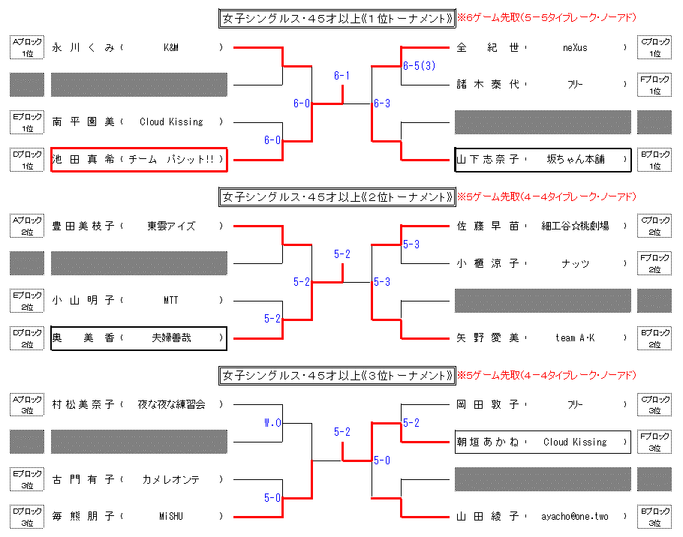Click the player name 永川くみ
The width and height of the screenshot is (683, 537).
pos(83,48)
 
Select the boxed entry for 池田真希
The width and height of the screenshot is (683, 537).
pos(139,160)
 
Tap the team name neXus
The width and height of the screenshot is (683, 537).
pos(575,48)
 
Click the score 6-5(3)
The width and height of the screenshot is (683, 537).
pos(419,66)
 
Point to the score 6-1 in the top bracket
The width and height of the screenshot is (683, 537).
pos(342,76)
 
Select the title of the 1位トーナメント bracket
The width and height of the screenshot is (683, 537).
pos(336,18)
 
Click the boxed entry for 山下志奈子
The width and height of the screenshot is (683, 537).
pos(542,160)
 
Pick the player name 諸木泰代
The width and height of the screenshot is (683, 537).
pos(488,85)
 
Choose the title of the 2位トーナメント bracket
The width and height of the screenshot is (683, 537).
pos(336,196)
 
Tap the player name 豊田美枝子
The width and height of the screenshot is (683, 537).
pos(83,226)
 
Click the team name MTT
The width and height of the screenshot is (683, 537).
pos(171,301)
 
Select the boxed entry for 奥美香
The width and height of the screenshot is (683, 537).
pos(139,338)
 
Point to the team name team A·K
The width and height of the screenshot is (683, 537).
pos(575,338)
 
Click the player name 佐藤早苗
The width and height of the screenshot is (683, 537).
pos(488,226)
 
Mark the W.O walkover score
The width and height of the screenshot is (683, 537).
pos(272,423)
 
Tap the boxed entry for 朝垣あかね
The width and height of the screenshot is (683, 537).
pos(542,442)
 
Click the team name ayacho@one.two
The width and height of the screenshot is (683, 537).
pos(575,517)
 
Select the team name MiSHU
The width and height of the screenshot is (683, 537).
pos(171,517)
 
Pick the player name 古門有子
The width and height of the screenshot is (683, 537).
pos(83,479)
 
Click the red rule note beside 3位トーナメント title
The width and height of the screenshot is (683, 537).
pos(546,375)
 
